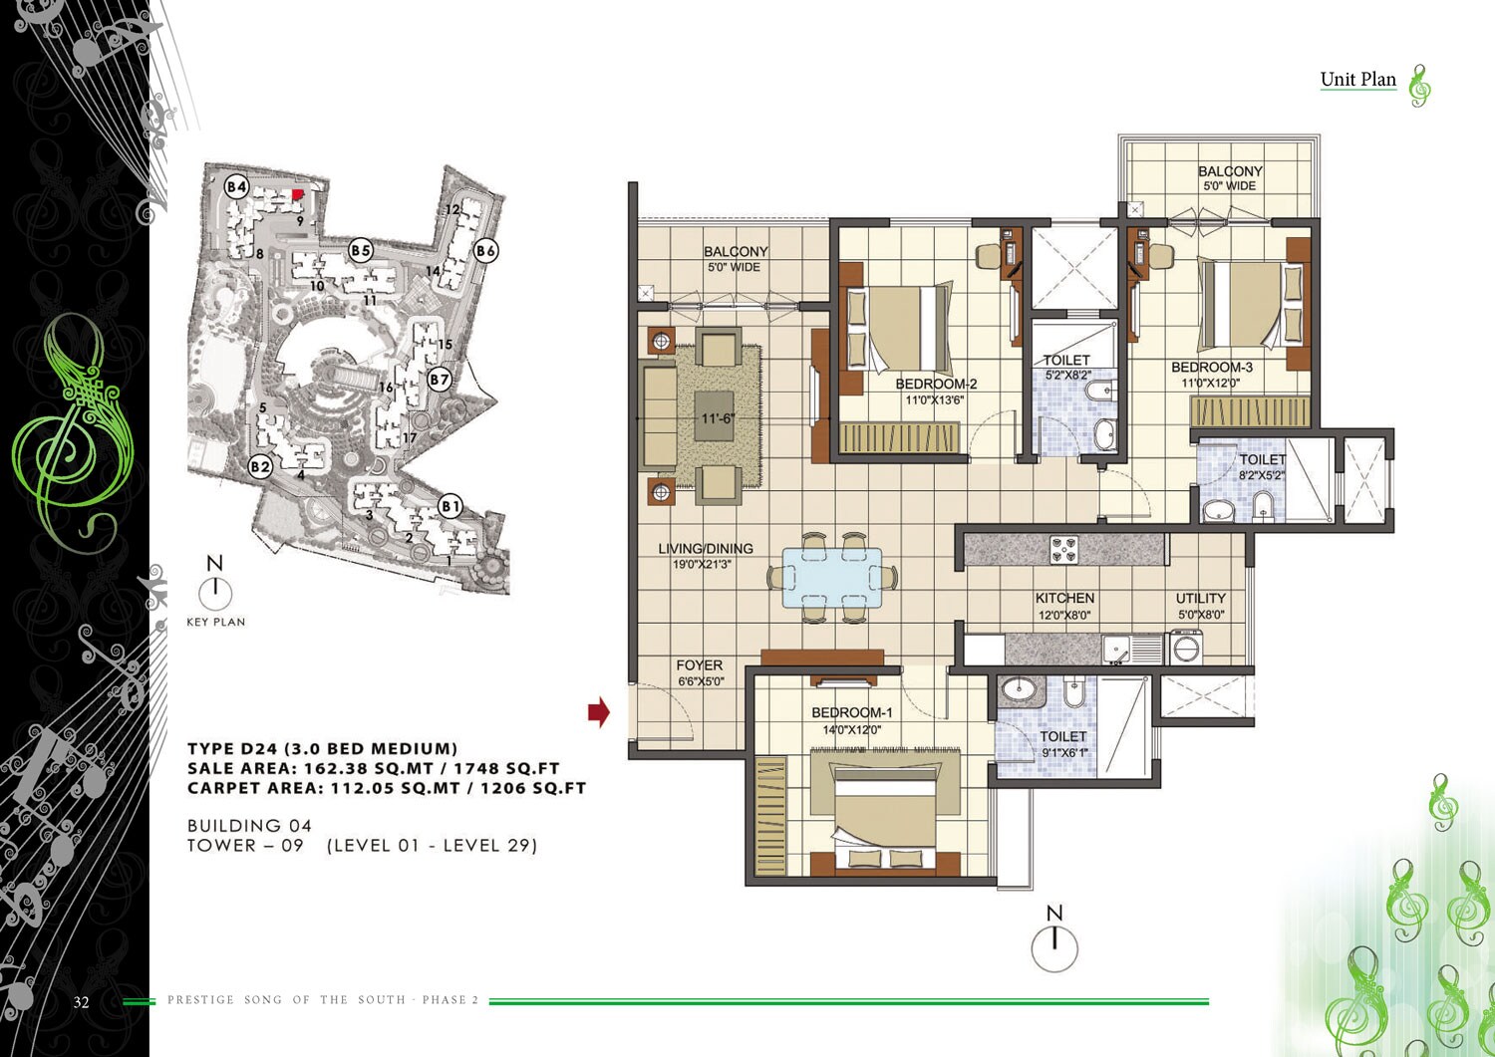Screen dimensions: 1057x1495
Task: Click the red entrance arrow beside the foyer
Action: click(x=598, y=711)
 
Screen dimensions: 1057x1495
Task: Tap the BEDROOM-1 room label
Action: click(x=851, y=712)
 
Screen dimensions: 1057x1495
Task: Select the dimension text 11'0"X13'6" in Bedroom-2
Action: click(x=934, y=400)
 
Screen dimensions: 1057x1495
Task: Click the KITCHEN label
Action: click(x=1064, y=598)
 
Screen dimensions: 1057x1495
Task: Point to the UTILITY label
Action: click(x=1200, y=598)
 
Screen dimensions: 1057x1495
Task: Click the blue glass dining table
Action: click(x=832, y=577)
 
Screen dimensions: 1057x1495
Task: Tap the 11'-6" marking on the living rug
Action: click(x=717, y=418)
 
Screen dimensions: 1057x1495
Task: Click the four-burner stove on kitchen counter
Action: click(x=1064, y=549)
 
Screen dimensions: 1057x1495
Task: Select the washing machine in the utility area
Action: click(x=1187, y=649)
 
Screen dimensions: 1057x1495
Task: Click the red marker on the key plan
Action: click(x=298, y=193)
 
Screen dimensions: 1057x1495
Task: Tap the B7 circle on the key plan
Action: click(x=440, y=380)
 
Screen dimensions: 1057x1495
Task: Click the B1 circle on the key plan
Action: click(x=450, y=506)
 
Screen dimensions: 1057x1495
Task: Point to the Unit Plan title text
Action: click(x=1357, y=80)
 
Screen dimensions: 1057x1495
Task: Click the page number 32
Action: click(x=81, y=1002)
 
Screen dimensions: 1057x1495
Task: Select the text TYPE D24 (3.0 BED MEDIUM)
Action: click(x=322, y=748)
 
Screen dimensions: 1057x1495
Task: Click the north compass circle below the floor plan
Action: click(x=1054, y=948)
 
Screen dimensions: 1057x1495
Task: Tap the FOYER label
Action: click(x=699, y=664)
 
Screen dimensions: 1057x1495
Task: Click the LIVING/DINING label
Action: click(x=705, y=548)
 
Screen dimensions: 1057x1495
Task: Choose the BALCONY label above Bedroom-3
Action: click(x=1230, y=171)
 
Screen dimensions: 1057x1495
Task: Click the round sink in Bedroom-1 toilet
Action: click(x=1019, y=688)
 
